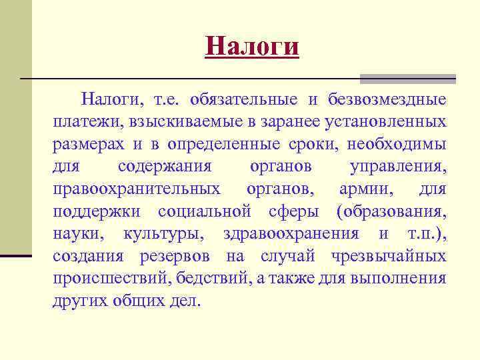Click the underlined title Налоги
pos(253,47)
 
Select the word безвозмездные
pos(387,100)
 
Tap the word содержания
pos(165,167)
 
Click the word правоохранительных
pos(137,189)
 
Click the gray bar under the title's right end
pos(407,79)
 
